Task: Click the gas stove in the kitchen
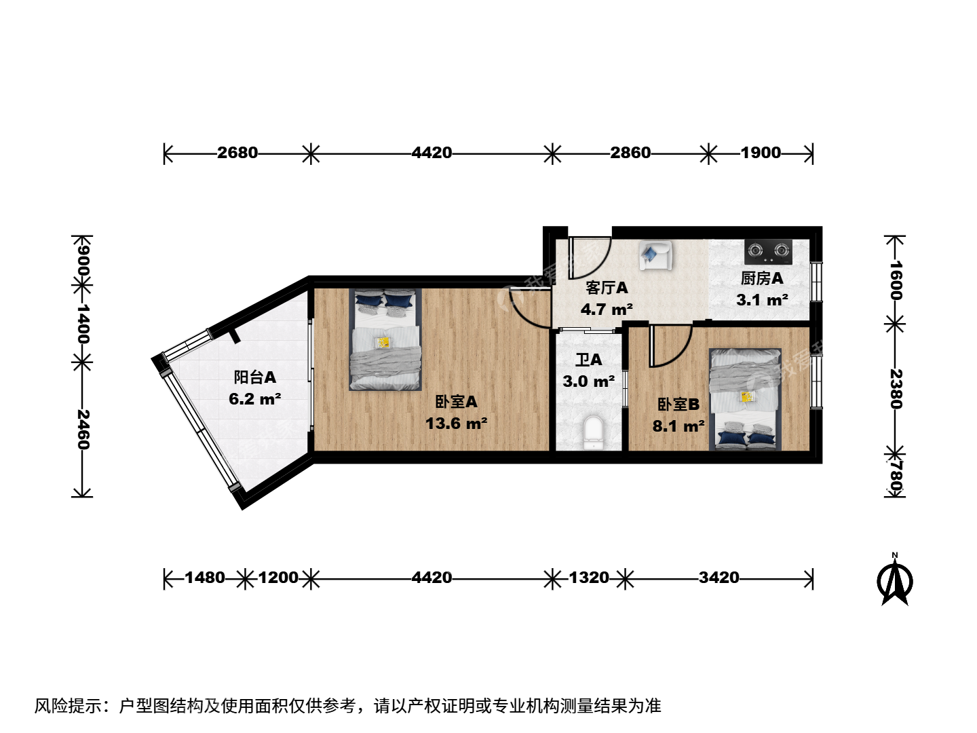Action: pyautogui.click(x=768, y=252)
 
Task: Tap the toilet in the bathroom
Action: pyautogui.click(x=593, y=432)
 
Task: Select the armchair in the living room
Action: pyautogui.click(x=655, y=255)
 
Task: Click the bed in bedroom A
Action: pyautogui.click(x=385, y=339)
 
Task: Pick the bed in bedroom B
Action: pyautogui.click(x=745, y=399)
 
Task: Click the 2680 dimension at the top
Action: pyautogui.click(x=237, y=153)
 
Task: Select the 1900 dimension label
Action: pyautogui.click(x=761, y=153)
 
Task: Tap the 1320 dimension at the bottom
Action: pyautogui.click(x=589, y=578)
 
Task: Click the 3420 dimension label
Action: pyautogui.click(x=719, y=578)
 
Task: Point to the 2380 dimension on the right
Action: pyautogui.click(x=895, y=388)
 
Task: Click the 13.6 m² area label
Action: pyautogui.click(x=456, y=424)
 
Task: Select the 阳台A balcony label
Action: pyautogui.click(x=255, y=377)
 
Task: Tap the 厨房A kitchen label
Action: pyautogui.click(x=762, y=278)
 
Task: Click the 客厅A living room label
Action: pyautogui.click(x=607, y=288)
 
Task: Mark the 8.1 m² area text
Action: pyautogui.click(x=678, y=426)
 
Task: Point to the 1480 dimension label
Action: pyautogui.click(x=205, y=578)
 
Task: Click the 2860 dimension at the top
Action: pyautogui.click(x=630, y=153)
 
